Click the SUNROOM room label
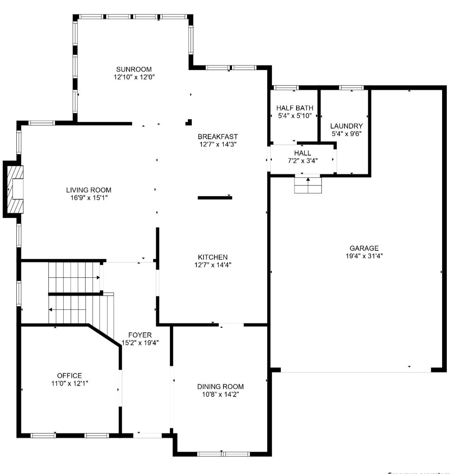click(134, 69)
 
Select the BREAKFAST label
click(218, 137)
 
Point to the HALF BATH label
click(295, 108)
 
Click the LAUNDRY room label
click(346, 126)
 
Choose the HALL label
click(302, 153)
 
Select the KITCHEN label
click(212, 257)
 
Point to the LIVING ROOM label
click(89, 190)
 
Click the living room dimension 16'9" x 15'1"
click(89, 198)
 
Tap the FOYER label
click(140, 335)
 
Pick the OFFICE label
click(70, 376)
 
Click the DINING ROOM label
click(220, 387)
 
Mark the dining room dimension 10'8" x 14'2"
click(220, 394)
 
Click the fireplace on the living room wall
click(14, 189)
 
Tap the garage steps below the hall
click(308, 185)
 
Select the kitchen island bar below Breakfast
click(215, 198)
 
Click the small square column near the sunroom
click(189, 122)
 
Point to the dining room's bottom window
click(223, 454)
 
